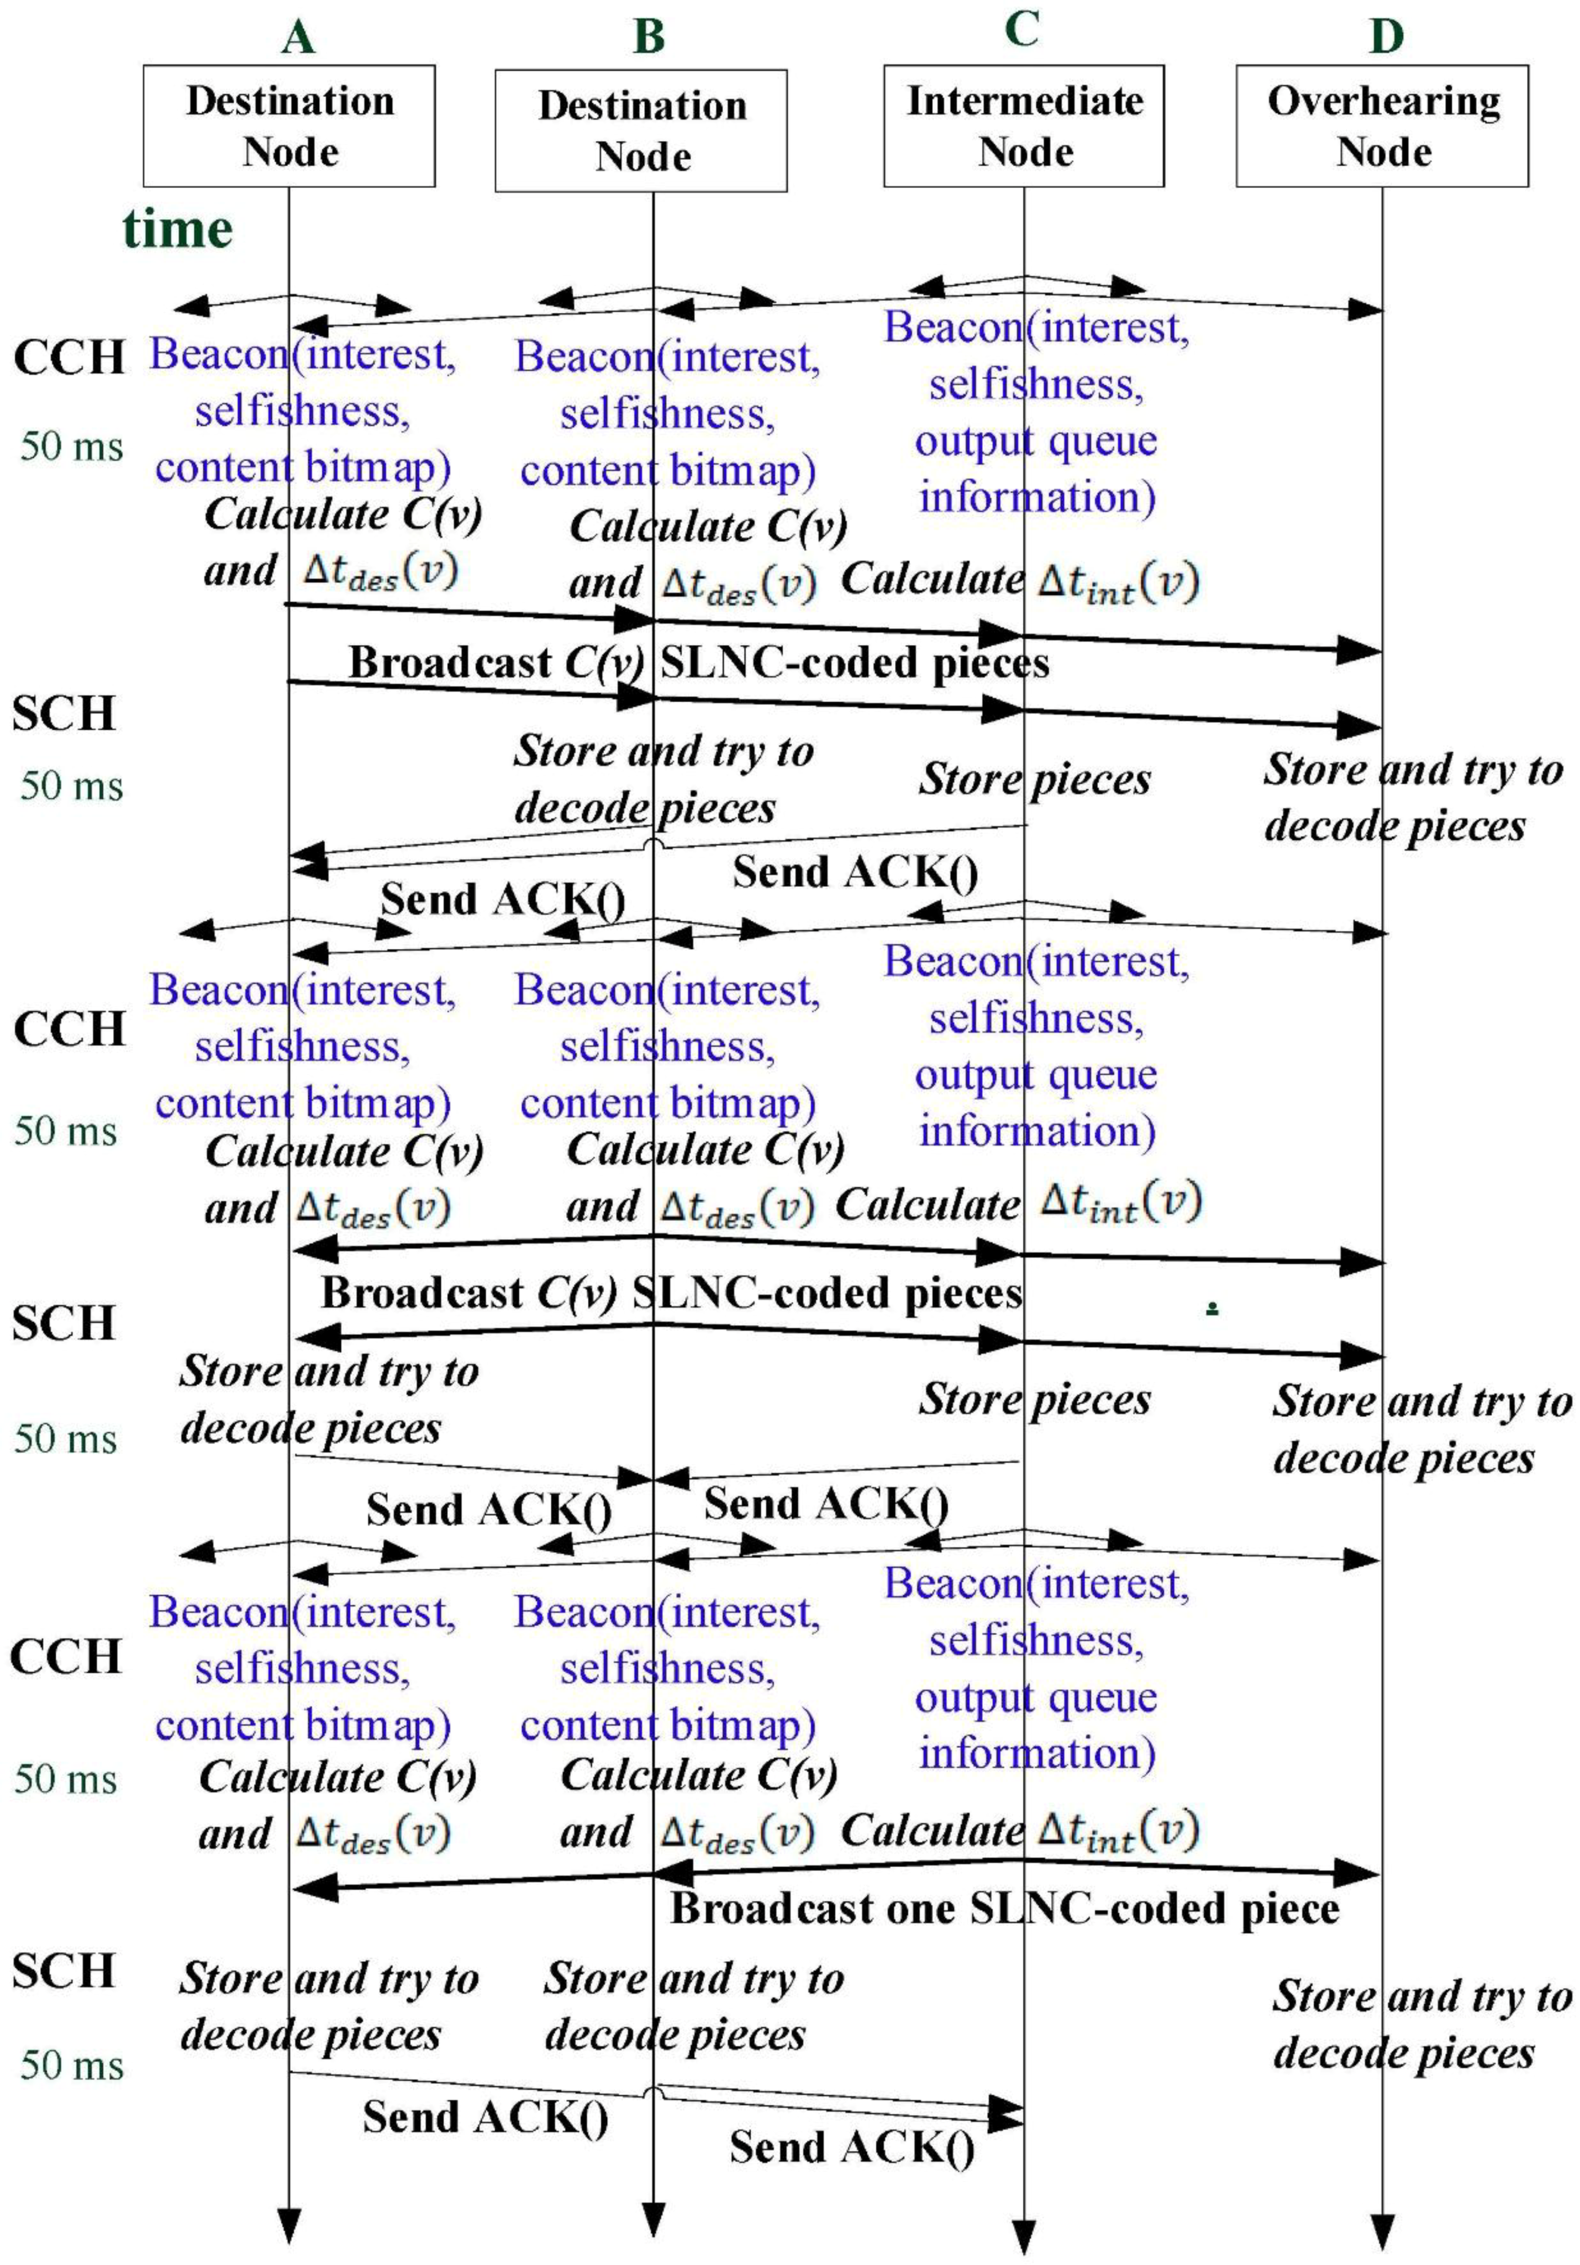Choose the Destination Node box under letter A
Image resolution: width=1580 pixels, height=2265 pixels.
[289, 127]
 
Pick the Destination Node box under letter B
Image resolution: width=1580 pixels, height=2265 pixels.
[640, 130]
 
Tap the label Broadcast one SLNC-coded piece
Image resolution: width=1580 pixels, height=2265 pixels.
[1004, 1909]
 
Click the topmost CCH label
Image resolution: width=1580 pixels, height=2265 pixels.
[69, 357]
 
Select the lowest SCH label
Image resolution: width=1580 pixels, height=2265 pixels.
[64, 1970]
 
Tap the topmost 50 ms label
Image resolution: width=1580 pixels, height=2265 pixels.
[71, 447]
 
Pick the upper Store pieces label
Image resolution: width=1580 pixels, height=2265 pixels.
[1035, 779]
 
